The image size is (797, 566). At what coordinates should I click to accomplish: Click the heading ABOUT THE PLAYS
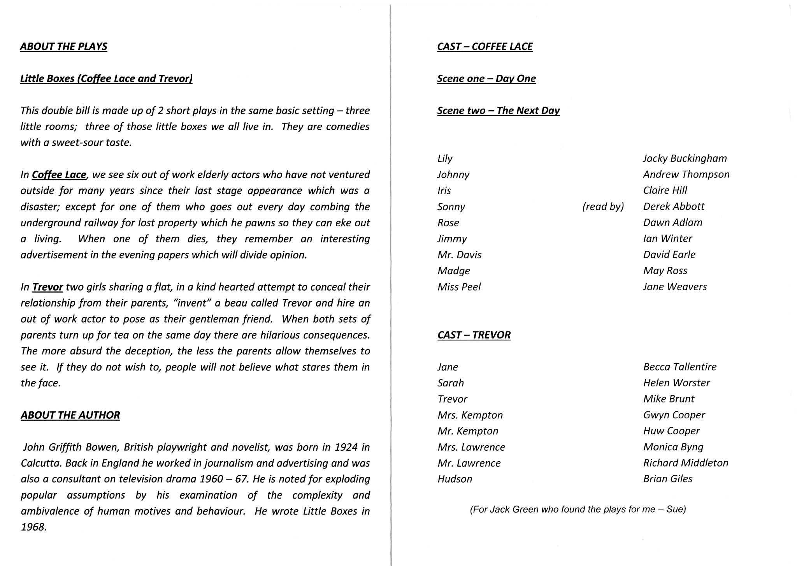[63, 46]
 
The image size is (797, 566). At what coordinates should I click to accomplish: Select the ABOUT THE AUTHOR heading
[70, 415]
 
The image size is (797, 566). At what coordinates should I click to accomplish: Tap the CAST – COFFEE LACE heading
[485, 46]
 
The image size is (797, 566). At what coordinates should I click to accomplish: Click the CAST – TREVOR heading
[474, 335]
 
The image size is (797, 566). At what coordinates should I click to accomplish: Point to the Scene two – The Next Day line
[498, 111]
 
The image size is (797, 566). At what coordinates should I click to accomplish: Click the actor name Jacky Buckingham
[685, 158]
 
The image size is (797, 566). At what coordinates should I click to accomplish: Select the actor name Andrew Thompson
[686, 174]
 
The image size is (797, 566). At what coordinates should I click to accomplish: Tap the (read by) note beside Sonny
[603, 206]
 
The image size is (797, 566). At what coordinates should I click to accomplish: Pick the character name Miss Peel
[459, 287]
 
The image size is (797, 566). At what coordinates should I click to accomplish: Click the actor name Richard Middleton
[685, 463]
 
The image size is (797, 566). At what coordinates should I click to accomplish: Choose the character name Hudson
[455, 479]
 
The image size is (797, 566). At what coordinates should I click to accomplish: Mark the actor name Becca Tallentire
[679, 367]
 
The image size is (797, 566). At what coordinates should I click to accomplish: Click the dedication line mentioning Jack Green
[578, 509]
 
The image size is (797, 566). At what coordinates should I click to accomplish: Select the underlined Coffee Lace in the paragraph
[59, 175]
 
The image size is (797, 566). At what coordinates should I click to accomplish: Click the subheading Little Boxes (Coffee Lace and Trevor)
[106, 79]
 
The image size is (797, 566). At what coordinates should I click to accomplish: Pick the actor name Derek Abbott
[674, 206]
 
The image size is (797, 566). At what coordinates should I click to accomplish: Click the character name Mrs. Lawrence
[471, 447]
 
